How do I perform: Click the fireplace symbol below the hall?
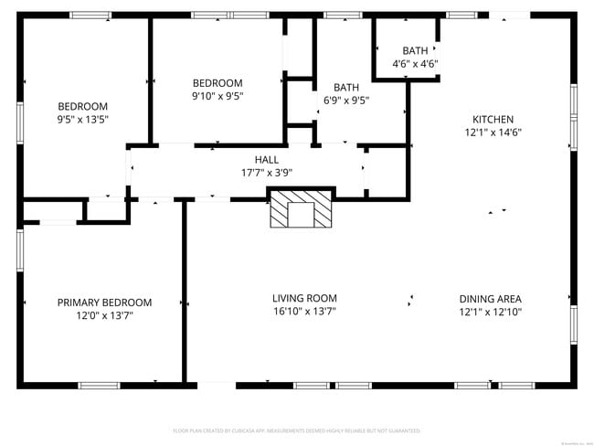[299, 208]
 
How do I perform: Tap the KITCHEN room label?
[493, 119]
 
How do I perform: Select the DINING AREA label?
[490, 299]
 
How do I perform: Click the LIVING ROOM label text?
[304, 298]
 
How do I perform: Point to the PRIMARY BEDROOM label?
[104, 303]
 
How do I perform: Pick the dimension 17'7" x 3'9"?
[266, 172]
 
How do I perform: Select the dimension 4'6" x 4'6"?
[415, 64]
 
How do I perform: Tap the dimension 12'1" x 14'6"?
[493, 132]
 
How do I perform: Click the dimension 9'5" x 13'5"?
[83, 119]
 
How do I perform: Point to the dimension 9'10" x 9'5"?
[217, 95]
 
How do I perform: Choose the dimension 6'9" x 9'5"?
[345, 101]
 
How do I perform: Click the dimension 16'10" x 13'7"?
[304, 312]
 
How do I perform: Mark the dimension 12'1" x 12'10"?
[490, 312]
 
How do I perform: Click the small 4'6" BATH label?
[415, 50]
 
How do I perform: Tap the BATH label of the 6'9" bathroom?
[346, 88]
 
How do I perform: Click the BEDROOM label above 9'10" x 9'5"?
[217, 82]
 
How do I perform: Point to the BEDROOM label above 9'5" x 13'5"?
[83, 106]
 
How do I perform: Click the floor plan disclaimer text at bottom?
[297, 430]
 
